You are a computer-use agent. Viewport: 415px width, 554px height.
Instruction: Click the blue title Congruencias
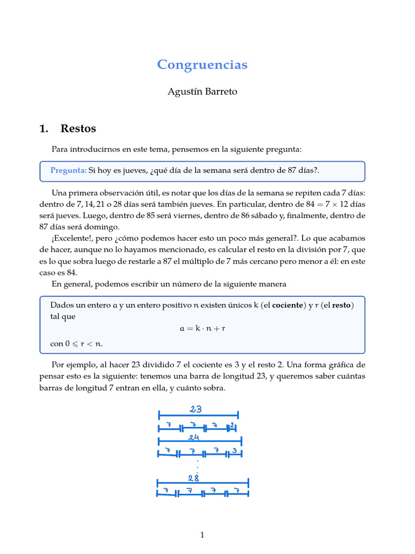click(202, 65)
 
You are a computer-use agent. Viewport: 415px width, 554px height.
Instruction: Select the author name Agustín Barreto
click(202, 92)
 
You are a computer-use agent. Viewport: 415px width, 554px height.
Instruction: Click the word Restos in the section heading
click(78, 129)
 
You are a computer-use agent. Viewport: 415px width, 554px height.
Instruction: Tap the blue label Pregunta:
click(68, 170)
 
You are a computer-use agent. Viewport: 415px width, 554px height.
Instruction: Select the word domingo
click(103, 227)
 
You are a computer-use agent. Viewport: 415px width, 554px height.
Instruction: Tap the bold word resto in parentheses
click(341, 305)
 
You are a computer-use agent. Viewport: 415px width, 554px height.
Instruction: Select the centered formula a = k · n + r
click(202, 328)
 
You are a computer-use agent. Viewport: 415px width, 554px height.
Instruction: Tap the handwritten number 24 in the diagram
click(195, 437)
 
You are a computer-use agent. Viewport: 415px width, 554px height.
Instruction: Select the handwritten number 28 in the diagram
click(193, 477)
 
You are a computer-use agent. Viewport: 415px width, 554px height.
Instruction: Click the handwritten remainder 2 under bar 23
click(232, 426)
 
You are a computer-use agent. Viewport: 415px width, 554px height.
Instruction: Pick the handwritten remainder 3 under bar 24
click(235, 451)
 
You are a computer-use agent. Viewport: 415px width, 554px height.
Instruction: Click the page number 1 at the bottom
click(202, 535)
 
